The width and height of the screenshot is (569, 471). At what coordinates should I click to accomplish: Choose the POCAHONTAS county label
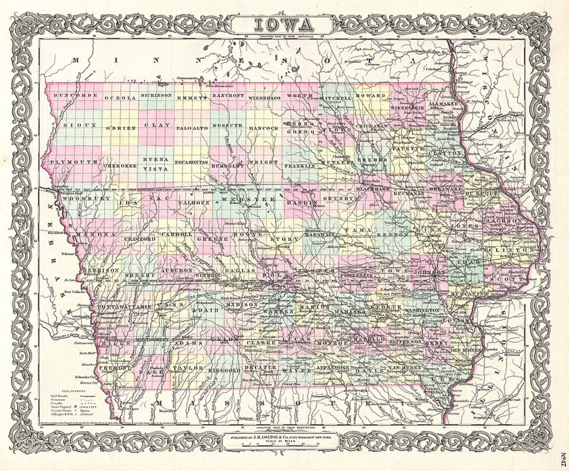coord(191,162)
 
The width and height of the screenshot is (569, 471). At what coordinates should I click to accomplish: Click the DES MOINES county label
coord(465,350)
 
